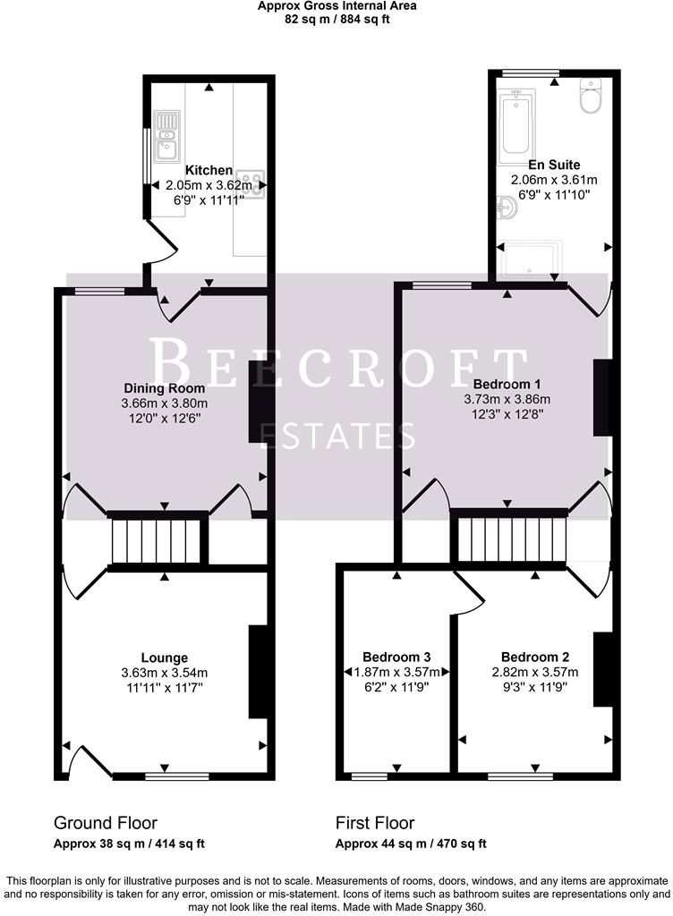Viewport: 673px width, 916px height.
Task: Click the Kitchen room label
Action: point(209,170)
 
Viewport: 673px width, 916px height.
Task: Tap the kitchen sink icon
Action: point(167,134)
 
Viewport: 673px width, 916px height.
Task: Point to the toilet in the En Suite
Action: point(591,97)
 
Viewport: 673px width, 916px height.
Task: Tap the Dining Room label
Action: point(164,388)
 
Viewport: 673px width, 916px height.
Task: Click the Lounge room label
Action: point(164,657)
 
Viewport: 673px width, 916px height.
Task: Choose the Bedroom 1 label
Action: point(507,384)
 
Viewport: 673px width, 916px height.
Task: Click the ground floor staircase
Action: point(158,540)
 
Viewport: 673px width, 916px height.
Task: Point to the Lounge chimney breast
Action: point(258,672)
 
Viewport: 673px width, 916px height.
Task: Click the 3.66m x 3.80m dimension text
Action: point(164,403)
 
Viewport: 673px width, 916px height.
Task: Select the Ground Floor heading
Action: point(106,823)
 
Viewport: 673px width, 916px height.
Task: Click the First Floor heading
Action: point(375,823)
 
